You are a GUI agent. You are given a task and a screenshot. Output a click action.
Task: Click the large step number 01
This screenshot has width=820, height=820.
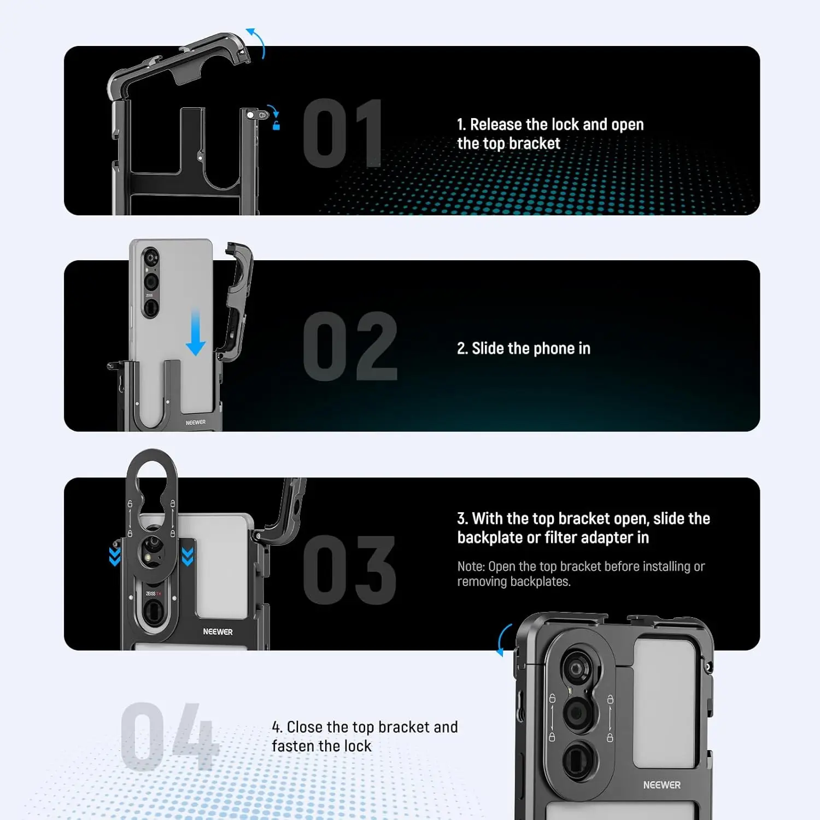point(342,133)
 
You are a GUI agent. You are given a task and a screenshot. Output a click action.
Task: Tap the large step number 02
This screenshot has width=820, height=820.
point(350,346)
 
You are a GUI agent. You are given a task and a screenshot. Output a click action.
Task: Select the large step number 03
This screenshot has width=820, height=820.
point(349,570)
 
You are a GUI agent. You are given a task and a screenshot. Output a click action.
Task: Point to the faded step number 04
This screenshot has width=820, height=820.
point(169,736)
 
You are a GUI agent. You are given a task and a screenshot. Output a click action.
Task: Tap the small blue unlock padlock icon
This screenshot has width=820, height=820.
point(276,126)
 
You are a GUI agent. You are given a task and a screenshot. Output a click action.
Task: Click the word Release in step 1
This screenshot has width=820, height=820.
point(496,125)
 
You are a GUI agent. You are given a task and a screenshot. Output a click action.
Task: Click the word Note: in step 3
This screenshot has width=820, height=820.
point(471,566)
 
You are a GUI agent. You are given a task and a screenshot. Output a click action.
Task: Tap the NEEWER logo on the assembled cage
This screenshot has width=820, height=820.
point(661,785)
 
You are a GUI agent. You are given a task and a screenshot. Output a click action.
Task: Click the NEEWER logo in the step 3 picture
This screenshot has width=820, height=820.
point(218,631)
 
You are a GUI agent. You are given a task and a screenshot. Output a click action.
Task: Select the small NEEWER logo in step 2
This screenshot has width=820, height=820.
point(195,423)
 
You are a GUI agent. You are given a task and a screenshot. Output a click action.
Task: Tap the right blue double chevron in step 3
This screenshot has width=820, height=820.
point(188,557)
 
